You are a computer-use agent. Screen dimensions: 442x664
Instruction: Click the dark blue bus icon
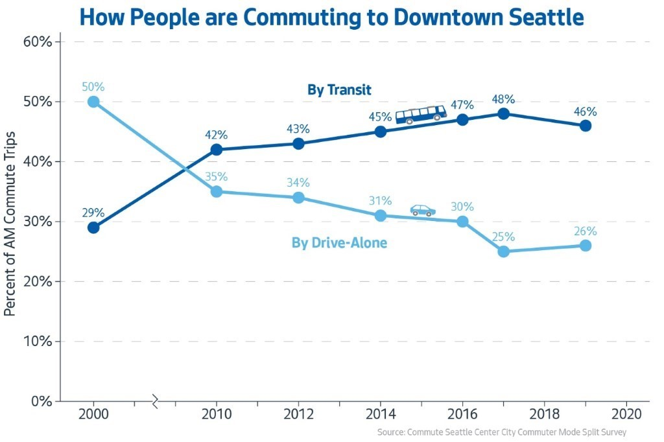[421, 115]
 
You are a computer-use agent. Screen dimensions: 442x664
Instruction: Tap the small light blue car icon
[423, 210]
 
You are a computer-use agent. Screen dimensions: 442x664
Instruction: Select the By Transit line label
[339, 90]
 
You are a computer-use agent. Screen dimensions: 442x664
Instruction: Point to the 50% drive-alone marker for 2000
[93, 102]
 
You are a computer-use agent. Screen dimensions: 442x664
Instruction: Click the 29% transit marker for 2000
[93, 227]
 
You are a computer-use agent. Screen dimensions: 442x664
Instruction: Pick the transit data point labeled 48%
[503, 113]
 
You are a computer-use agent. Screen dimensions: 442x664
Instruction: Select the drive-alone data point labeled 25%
[503, 251]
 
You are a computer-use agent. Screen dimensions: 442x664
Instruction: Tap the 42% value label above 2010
[216, 135]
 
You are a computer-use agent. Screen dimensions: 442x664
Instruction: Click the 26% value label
[585, 231]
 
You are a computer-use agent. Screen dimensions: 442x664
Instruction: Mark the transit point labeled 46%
[585, 126]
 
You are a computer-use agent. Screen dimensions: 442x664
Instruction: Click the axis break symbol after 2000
[155, 402]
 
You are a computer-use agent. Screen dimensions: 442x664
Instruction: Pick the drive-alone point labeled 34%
[298, 198]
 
